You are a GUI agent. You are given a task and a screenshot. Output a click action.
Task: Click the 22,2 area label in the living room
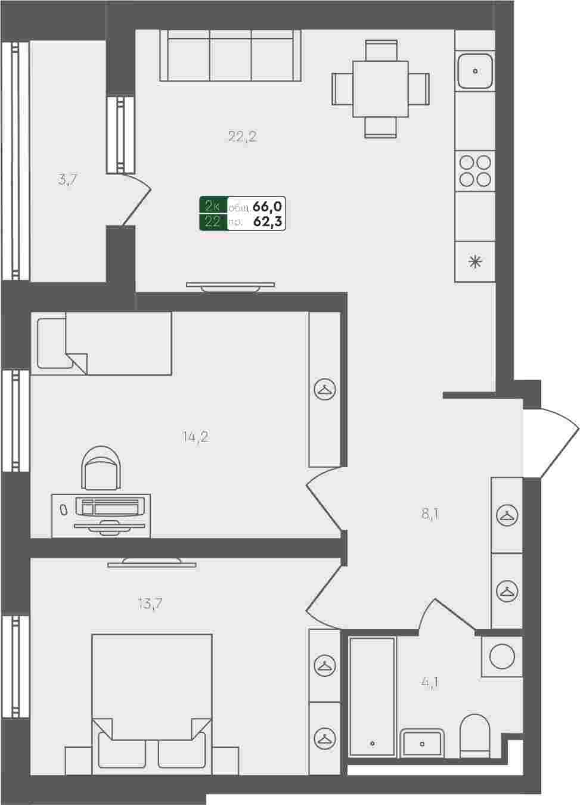pyautogui.click(x=243, y=136)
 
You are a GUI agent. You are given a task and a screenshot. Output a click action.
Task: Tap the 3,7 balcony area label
pyautogui.click(x=67, y=179)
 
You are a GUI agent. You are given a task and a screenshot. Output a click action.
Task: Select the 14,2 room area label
pyautogui.click(x=196, y=437)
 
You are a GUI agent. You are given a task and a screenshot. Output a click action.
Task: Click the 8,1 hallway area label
pyautogui.click(x=430, y=514)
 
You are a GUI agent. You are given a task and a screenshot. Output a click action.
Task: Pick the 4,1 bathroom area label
pyautogui.click(x=429, y=682)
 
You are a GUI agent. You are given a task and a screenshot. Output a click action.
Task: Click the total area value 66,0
pyautogui.click(x=267, y=207)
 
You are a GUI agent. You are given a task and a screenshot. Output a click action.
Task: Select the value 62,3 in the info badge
pyautogui.click(x=268, y=222)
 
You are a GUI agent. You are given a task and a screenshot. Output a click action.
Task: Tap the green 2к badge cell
pyautogui.click(x=213, y=206)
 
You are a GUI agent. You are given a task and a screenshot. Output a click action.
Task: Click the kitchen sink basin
pyautogui.click(x=475, y=71)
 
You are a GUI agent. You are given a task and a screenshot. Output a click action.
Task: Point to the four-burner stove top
pyautogui.click(x=475, y=171)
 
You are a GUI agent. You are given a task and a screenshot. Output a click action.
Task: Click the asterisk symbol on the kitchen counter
pyautogui.click(x=475, y=262)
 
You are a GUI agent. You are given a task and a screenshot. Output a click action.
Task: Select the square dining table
pyautogui.click(x=380, y=89)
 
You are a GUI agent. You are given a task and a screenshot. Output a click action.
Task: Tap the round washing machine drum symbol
pyautogui.click(x=502, y=657)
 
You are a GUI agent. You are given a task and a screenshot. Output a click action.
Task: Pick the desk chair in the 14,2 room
pyautogui.click(x=101, y=467)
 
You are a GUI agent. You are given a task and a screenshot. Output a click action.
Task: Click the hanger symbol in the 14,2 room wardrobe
pyautogui.click(x=325, y=389)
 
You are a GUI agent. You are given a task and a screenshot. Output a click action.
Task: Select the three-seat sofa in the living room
pyautogui.click(x=231, y=55)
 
